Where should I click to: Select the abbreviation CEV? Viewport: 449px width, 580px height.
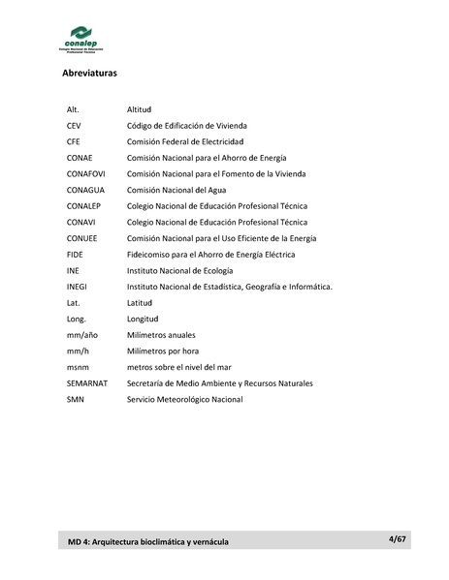coord(74,126)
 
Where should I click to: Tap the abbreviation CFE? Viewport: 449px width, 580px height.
coord(73,141)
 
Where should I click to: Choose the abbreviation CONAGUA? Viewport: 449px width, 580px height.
coord(85,190)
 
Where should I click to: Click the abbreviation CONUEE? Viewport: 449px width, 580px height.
coord(81,237)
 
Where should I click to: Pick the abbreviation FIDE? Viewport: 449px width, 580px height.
coord(75,254)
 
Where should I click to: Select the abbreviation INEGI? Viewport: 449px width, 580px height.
coord(78,286)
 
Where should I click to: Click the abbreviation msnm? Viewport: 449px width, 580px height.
coord(77,366)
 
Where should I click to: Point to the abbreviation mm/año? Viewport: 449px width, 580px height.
coord(80,334)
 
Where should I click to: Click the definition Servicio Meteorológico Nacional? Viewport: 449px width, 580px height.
coord(184,398)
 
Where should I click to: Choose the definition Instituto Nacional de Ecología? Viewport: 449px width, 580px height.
coord(180,270)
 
